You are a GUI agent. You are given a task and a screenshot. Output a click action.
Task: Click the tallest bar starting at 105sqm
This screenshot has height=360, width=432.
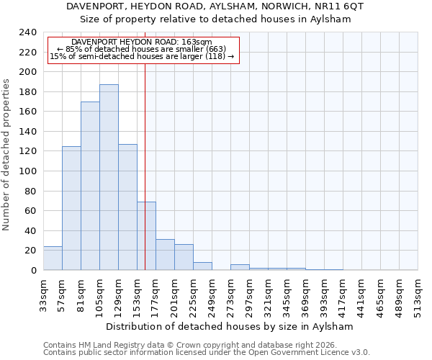(109, 177)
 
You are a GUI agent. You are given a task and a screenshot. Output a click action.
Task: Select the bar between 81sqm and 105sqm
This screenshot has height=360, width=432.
(90, 186)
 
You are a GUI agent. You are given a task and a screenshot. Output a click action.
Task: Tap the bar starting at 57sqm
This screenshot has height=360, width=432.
(71, 208)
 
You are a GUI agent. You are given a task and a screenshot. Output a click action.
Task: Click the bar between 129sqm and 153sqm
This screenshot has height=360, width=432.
(127, 207)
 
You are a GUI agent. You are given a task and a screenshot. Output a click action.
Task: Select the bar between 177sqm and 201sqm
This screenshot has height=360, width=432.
(165, 255)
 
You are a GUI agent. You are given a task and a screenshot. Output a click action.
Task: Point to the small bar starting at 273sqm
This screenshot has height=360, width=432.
(240, 267)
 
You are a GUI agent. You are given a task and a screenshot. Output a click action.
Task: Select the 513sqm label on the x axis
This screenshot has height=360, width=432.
(418, 297)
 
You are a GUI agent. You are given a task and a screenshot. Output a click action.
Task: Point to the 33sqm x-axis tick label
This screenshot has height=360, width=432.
(44, 294)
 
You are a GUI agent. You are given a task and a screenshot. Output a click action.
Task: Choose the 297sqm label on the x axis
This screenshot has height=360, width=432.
(250, 297)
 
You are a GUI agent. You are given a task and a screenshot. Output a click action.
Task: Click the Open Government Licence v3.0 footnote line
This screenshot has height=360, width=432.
(207, 352)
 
